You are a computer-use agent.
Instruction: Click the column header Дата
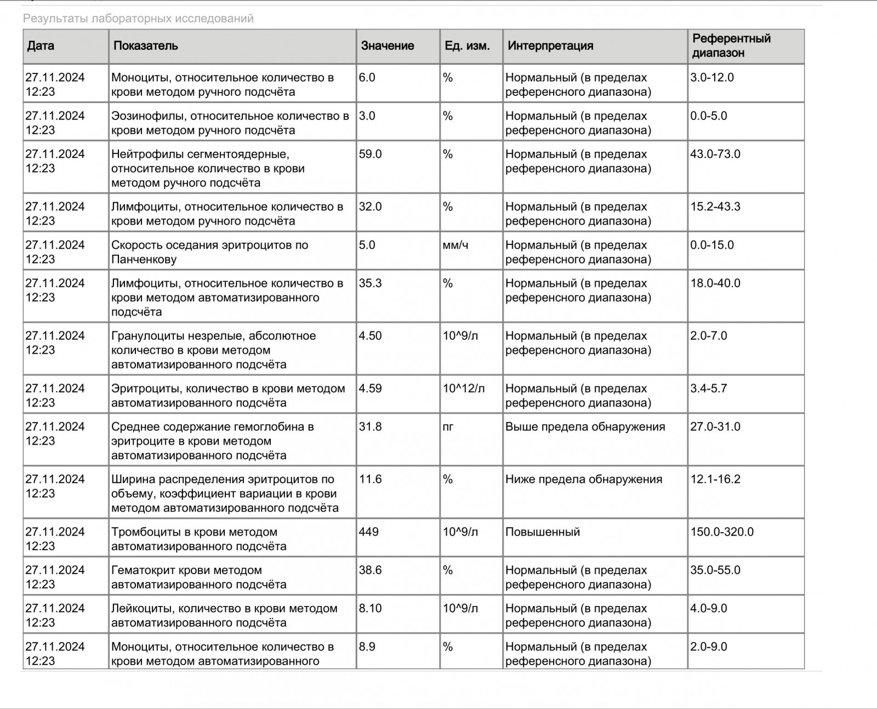tap(41, 45)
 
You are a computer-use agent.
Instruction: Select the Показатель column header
tap(146, 45)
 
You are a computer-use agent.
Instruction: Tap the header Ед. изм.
tap(467, 45)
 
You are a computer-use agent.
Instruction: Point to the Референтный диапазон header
tap(731, 45)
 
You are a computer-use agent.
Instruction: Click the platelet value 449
tap(369, 531)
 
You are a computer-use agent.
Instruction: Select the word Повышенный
tap(543, 531)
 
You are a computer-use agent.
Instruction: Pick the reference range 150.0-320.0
tap(722, 531)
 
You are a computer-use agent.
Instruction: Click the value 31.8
tap(371, 426)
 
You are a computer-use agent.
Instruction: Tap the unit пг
tap(448, 427)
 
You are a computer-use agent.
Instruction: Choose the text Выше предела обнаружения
tap(585, 426)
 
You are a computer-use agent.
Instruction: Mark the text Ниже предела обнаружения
tap(584, 479)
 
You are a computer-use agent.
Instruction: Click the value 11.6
tap(371, 479)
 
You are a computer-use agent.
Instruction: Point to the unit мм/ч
tap(455, 245)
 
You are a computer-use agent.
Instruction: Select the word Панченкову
tap(144, 259)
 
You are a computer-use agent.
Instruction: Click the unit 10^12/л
tap(464, 388)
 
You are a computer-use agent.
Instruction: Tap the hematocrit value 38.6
tap(371, 570)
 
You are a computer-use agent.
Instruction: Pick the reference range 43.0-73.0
tap(715, 154)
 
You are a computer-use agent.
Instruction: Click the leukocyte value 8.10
tap(371, 608)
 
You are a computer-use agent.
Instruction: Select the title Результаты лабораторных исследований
tap(138, 19)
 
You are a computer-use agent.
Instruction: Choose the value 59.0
tap(371, 154)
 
